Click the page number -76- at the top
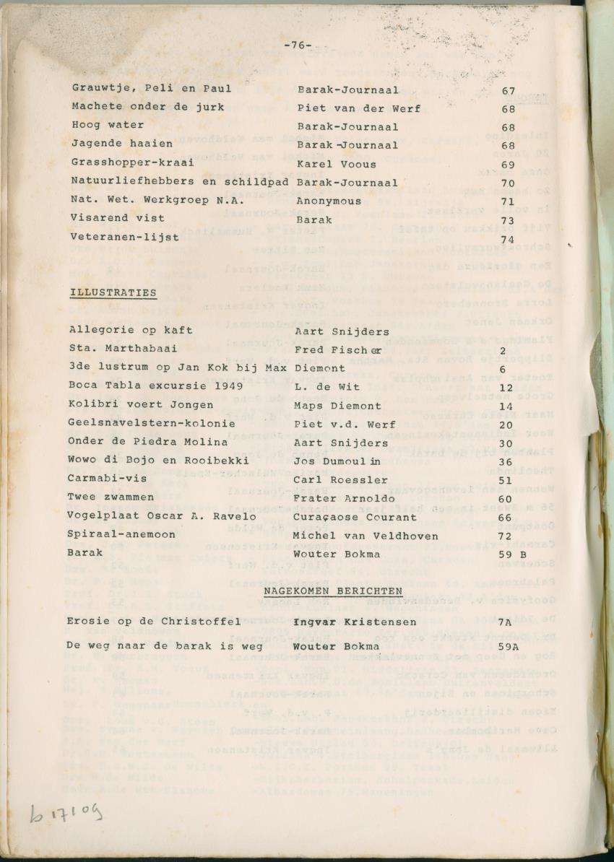point(298,45)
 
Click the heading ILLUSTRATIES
point(113,292)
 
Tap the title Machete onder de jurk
point(147,107)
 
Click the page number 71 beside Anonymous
point(509,201)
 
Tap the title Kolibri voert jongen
point(141,404)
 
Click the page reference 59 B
point(513,554)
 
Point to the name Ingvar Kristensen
point(355,622)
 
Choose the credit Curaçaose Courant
point(354,516)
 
